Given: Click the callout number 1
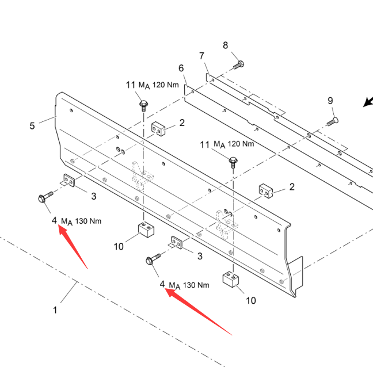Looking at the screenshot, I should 55,310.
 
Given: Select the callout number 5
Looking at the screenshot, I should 32,125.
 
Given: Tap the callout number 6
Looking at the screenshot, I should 181,68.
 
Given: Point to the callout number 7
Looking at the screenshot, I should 202,56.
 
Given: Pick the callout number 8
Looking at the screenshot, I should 226,45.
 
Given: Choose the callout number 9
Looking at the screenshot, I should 330,101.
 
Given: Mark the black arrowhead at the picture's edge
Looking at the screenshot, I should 367,102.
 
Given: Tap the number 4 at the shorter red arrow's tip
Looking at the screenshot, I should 54,220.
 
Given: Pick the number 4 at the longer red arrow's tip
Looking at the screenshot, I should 162,284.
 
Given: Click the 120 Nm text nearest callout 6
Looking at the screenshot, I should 166,85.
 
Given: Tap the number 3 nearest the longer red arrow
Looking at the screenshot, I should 199,256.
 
